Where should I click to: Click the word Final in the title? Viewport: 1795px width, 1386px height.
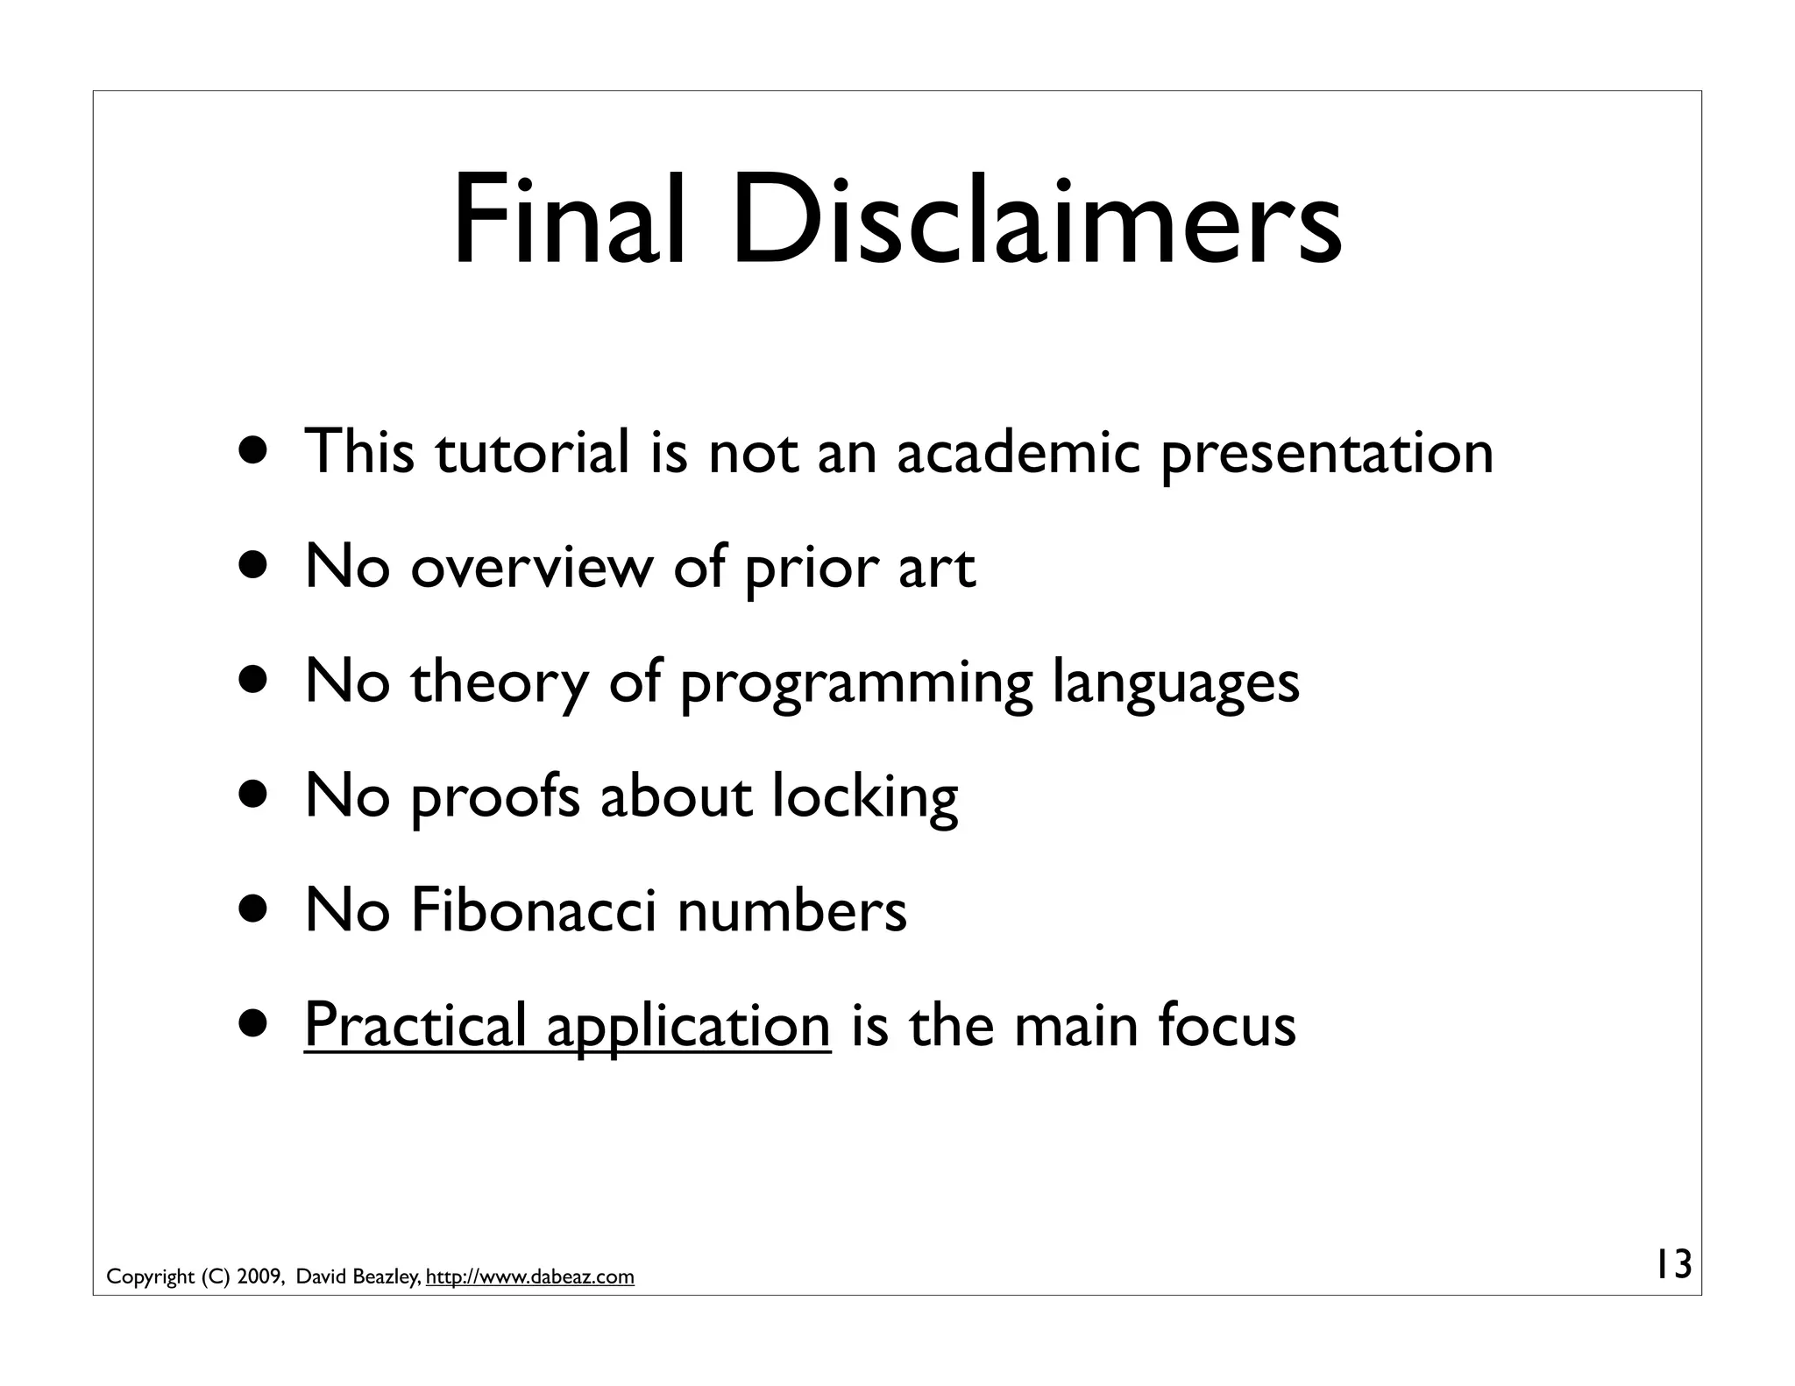coord(568,223)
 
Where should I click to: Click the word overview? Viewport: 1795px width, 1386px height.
coord(531,568)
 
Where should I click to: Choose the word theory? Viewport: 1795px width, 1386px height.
coord(500,683)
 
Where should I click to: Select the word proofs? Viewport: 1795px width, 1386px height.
coord(495,798)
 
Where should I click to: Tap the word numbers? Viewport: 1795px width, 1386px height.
coord(791,911)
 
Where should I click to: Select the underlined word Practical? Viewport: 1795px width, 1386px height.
coord(415,1025)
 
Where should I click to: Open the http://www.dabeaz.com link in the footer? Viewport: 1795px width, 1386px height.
coord(529,1277)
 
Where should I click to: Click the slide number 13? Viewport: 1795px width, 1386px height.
coord(1672,1265)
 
